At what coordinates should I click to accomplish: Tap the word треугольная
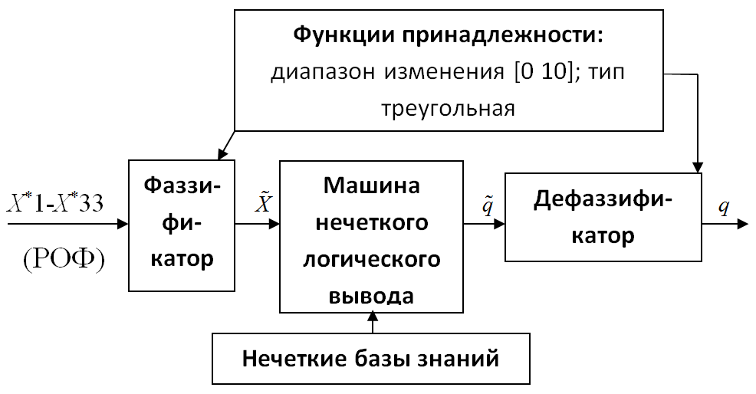449,109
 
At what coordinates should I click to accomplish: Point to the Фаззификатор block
181,225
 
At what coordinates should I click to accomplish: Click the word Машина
371,186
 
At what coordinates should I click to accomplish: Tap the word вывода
371,296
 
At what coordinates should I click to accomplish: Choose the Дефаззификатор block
603,217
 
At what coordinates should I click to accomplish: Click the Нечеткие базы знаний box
371,358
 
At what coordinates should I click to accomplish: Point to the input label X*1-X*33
55,203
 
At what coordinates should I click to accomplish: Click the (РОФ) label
64,261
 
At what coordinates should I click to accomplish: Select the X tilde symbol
263,201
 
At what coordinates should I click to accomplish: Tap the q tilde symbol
488,205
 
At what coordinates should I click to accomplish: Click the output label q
723,207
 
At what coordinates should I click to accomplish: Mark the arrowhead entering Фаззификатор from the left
123,224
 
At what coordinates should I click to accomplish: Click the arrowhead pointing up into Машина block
372,317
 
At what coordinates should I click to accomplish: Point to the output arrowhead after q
742,224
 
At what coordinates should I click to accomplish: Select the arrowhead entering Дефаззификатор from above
698,167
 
